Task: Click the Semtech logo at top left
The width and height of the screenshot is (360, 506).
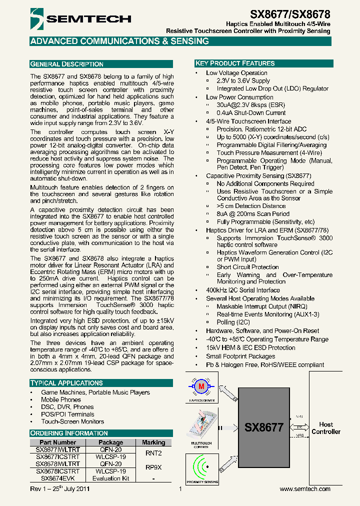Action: (x=80, y=19)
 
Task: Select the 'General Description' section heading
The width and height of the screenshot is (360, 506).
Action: (x=67, y=64)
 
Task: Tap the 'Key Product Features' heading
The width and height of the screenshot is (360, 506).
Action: (x=234, y=63)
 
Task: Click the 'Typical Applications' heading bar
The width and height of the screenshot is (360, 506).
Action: (x=66, y=383)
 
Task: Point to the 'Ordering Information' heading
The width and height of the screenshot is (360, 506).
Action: (x=69, y=433)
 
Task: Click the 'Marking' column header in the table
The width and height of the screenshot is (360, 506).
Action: (x=153, y=442)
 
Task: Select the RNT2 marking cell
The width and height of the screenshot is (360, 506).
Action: (x=153, y=453)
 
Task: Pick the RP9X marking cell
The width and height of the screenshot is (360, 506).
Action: (x=153, y=467)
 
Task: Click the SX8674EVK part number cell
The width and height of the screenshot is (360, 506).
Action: (x=57, y=478)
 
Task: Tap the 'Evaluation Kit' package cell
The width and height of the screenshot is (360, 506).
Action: (x=110, y=478)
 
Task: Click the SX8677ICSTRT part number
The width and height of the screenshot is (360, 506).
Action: (x=57, y=457)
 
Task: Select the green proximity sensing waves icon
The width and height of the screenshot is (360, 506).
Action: (x=202, y=467)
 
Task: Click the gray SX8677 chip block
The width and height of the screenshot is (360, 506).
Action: (x=263, y=427)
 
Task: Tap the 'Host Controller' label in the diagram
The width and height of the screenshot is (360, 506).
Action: (x=325, y=428)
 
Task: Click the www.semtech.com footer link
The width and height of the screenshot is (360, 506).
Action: (x=305, y=488)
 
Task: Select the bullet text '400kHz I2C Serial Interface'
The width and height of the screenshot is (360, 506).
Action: (x=243, y=290)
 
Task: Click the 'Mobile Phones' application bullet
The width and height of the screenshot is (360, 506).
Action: (x=61, y=400)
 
